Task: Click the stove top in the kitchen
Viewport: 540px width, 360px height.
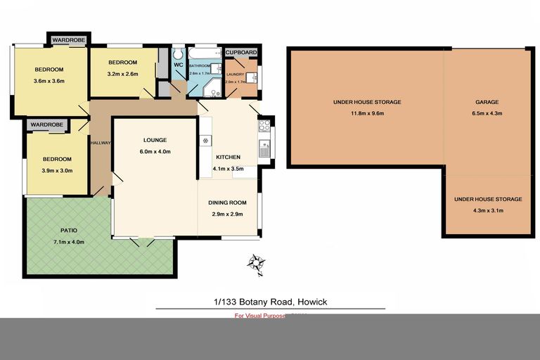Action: click(265, 126)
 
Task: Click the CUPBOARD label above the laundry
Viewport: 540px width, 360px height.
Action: click(241, 53)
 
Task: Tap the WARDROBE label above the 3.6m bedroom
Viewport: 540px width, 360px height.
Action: click(67, 41)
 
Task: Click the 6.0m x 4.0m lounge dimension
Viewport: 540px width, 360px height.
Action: click(155, 152)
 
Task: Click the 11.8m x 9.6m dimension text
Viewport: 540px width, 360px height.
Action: click(367, 112)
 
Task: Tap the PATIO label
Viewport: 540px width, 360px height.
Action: click(68, 230)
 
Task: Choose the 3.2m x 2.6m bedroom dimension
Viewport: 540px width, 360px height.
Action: click(123, 73)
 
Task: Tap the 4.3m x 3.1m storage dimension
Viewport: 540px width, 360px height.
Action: click(488, 210)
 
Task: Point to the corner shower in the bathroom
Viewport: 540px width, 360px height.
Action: click(211, 87)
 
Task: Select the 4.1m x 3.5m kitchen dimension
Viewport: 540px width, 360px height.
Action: click(228, 169)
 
